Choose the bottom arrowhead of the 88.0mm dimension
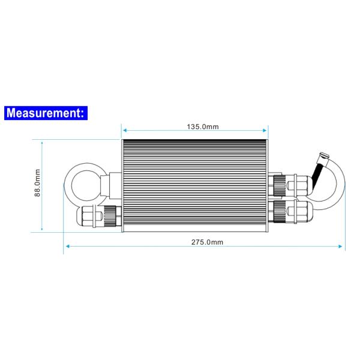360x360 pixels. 43,229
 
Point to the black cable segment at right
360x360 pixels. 322,170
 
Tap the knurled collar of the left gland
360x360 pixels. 110,214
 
